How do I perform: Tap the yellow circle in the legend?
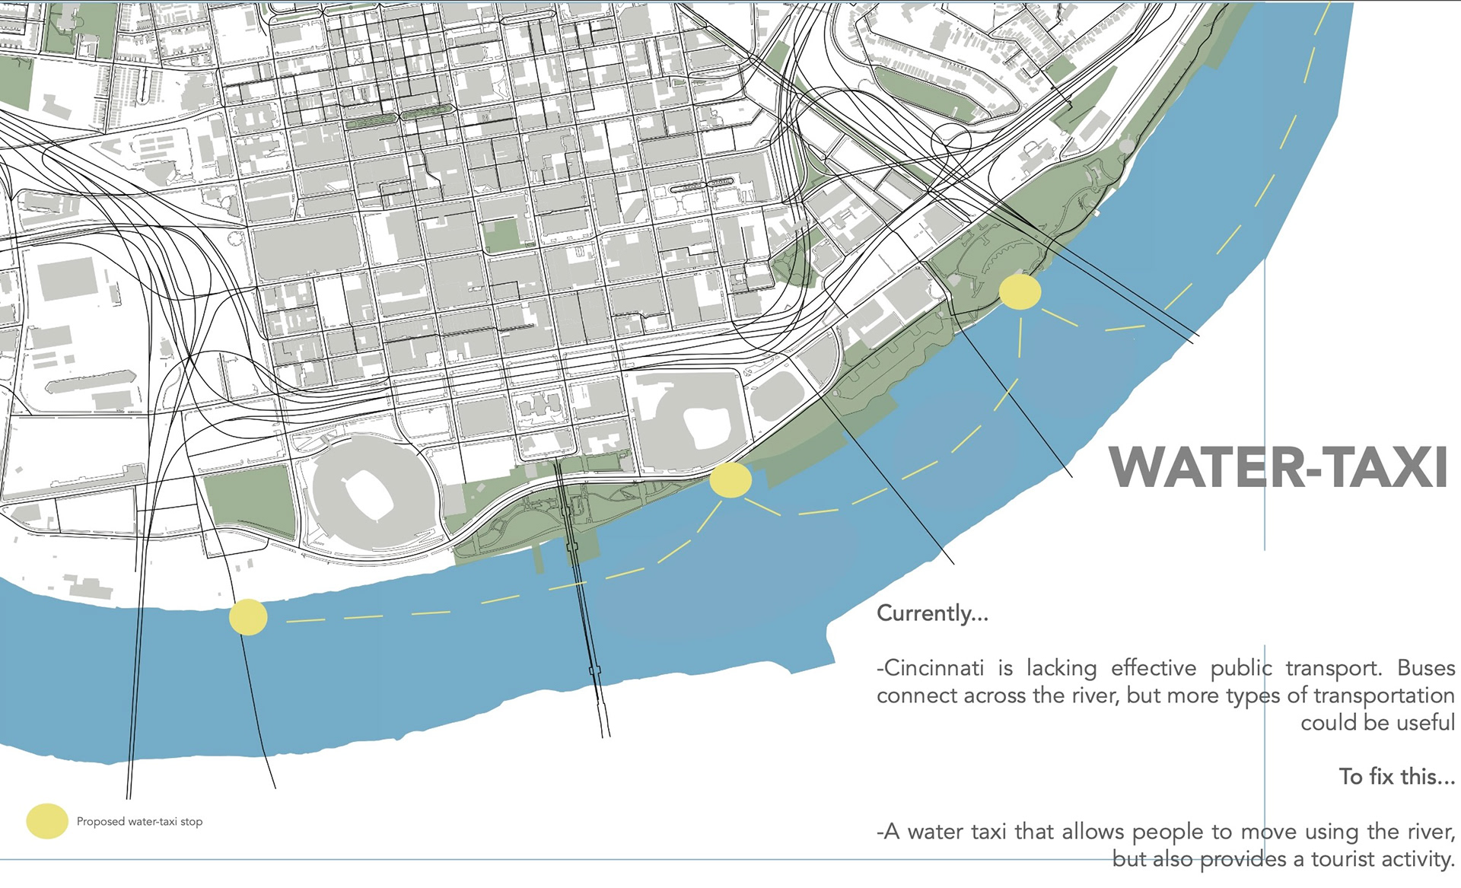[47, 821]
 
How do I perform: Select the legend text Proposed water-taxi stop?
[139, 822]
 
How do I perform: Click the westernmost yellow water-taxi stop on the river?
[248, 616]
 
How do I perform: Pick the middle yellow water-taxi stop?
[730, 481]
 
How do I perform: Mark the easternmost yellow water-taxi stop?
[1020, 292]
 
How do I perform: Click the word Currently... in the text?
[932, 613]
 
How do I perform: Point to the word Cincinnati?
[935, 668]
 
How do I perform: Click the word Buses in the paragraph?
[1426, 668]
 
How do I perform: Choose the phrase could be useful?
[1377, 722]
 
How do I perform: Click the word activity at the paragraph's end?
[1415, 859]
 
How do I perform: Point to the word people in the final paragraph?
[1171, 832]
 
